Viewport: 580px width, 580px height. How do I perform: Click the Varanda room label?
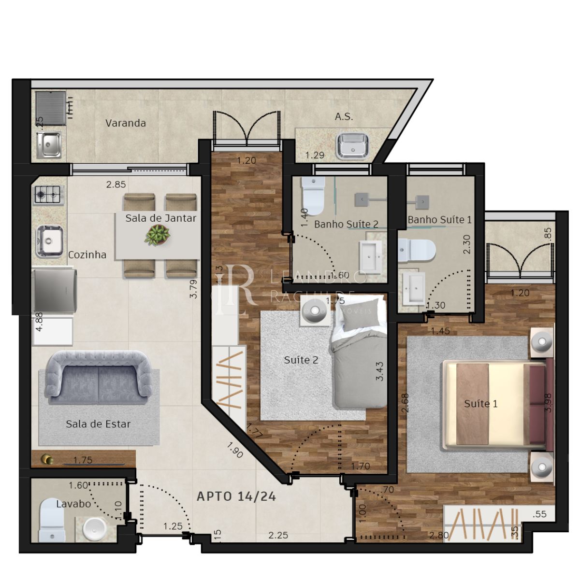click(x=126, y=123)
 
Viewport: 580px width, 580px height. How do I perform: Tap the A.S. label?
click(x=344, y=117)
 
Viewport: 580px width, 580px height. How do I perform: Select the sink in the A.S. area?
click(x=352, y=145)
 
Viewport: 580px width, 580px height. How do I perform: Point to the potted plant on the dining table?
click(x=158, y=235)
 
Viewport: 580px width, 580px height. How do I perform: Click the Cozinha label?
click(x=87, y=255)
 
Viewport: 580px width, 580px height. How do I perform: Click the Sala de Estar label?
click(x=98, y=424)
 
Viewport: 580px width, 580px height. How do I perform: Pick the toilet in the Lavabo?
click(x=51, y=520)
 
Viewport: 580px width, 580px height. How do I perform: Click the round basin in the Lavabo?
click(x=94, y=529)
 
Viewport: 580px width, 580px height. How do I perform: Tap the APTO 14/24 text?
click(x=236, y=496)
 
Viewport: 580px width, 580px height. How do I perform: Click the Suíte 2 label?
click(x=301, y=360)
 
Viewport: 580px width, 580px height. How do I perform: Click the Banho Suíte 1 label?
click(x=439, y=220)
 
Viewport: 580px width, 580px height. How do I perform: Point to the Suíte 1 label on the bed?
click(x=480, y=404)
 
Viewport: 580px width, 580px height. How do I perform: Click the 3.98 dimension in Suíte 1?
click(x=548, y=402)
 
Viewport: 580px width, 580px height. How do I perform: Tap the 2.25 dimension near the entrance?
click(x=278, y=535)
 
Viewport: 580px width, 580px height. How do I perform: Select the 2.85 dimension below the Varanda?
click(x=116, y=184)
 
